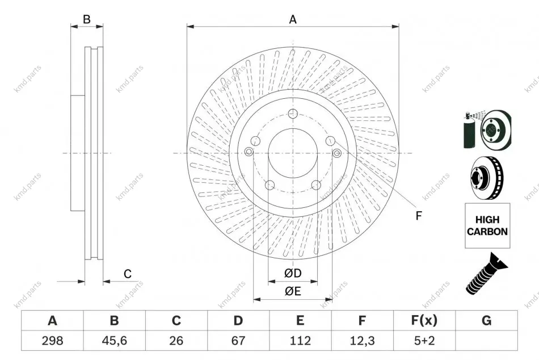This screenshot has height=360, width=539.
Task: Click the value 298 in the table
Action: click(x=52, y=341)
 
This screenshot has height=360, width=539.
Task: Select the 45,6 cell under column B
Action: click(x=114, y=341)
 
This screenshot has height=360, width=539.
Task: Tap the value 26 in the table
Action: click(x=176, y=341)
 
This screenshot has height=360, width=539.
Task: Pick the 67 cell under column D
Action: click(x=238, y=341)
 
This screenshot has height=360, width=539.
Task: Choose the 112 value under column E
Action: click(x=300, y=341)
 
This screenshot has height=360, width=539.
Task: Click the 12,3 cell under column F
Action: click(x=362, y=341)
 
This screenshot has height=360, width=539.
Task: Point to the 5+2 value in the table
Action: click(x=424, y=341)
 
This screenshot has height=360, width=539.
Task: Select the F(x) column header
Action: click(x=424, y=320)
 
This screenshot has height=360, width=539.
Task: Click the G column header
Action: click(x=486, y=320)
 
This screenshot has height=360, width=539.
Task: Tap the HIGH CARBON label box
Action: click(x=487, y=225)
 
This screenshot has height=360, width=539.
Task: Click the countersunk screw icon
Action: click(x=486, y=274)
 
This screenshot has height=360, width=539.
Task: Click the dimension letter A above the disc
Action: click(x=293, y=20)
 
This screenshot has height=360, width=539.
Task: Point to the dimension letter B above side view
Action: click(x=87, y=19)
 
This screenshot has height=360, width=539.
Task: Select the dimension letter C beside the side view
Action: click(x=128, y=274)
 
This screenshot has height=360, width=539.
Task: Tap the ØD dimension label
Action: click(x=293, y=273)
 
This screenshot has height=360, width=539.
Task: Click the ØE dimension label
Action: click(x=293, y=291)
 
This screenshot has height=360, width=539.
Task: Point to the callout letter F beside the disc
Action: click(x=418, y=216)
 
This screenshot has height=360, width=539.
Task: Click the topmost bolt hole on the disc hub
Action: click(x=293, y=113)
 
